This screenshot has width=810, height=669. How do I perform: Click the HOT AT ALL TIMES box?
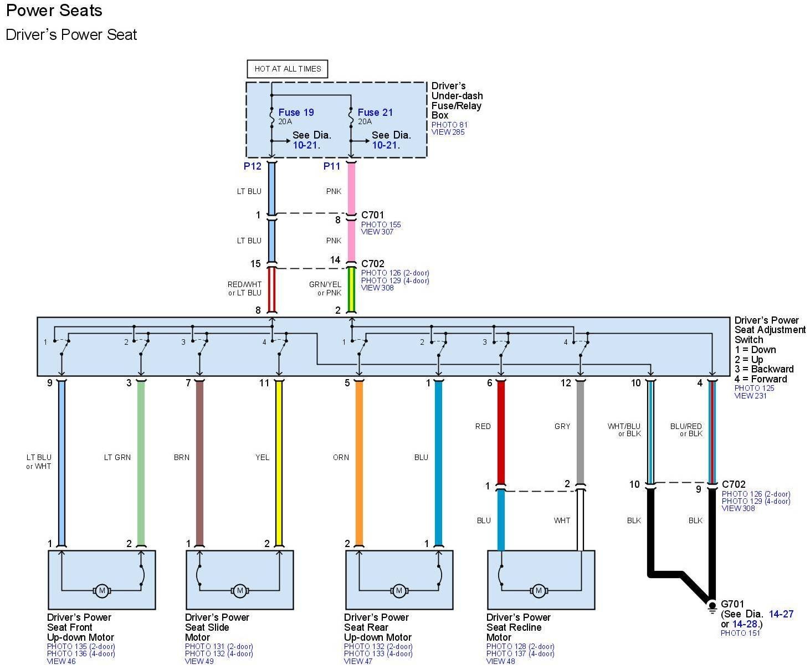288,69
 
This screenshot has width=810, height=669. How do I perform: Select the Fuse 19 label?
296,113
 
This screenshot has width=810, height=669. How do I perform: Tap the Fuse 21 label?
375,113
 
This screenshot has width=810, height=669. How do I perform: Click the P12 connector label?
252,166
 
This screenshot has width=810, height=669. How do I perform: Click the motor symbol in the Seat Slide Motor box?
239,591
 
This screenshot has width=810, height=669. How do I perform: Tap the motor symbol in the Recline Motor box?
538,591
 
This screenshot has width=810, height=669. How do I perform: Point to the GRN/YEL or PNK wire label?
325,289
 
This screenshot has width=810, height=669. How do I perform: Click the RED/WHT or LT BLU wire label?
244,289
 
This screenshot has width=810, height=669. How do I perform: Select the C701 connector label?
372,215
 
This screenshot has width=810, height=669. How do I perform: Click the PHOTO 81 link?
449,125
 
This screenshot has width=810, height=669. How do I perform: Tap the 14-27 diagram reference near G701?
781,614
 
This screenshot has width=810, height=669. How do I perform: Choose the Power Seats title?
54,11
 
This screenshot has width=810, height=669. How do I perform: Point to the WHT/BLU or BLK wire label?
624,430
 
